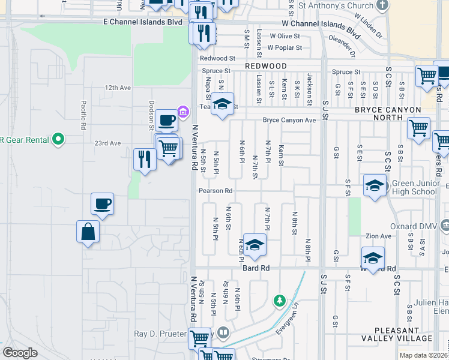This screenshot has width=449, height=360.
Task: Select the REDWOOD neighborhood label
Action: [x=265, y=65]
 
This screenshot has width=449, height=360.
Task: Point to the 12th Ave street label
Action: [x=117, y=88]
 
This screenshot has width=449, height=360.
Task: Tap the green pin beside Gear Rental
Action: [x=58, y=139]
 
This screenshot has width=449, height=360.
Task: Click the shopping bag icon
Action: [x=88, y=232]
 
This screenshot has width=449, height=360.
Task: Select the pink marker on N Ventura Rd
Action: [x=184, y=110]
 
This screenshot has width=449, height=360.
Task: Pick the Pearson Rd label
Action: [x=215, y=191]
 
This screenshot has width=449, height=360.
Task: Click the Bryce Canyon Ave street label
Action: [x=289, y=120]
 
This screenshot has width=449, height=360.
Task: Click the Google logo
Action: [x=20, y=353]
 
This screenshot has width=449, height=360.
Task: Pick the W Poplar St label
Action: [x=285, y=47]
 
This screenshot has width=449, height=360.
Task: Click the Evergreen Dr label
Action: [x=287, y=320]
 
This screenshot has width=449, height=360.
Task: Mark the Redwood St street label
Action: [x=217, y=58]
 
